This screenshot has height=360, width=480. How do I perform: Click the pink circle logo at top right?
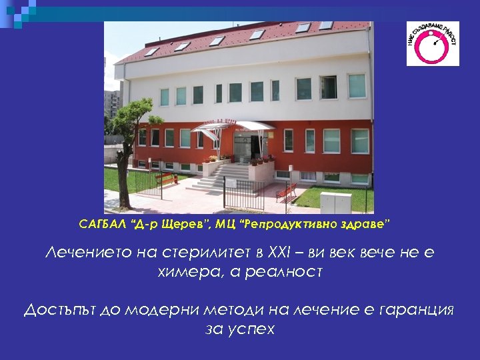click(x=433, y=43)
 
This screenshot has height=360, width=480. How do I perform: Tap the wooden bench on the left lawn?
click(x=166, y=179)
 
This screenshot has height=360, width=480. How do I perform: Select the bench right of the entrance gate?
click(x=287, y=191)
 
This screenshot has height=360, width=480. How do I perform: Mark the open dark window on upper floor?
click(x=328, y=87)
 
